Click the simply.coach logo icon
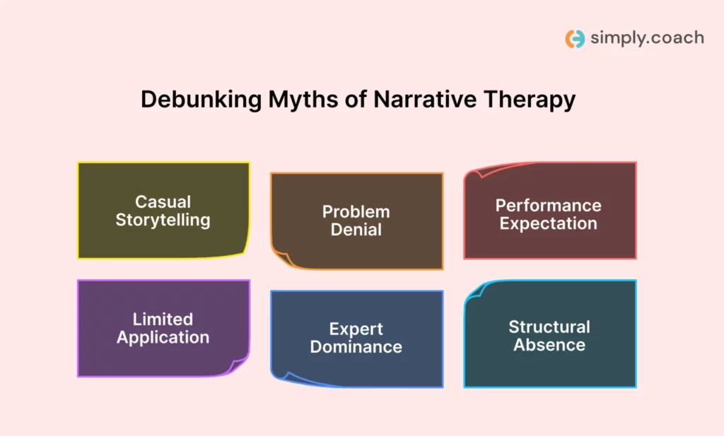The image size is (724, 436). coord(575,38)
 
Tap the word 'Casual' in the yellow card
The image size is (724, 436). coord(163,201)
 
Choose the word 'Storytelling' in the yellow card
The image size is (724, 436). coord(163,220)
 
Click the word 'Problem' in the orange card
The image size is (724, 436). coord(356,211)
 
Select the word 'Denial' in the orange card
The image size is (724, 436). coord(356,230)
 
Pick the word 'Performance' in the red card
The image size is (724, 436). coord(549,206)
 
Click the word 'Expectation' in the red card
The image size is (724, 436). coord(549,224)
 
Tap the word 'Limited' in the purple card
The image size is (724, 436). coord(163,319)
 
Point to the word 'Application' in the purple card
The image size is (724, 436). coord(163,337)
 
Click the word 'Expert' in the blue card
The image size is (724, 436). coord(356,329)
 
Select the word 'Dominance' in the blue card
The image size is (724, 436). coord(356,347)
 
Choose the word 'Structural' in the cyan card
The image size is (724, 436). coord(549,326)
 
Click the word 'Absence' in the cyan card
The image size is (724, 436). coord(549,345)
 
